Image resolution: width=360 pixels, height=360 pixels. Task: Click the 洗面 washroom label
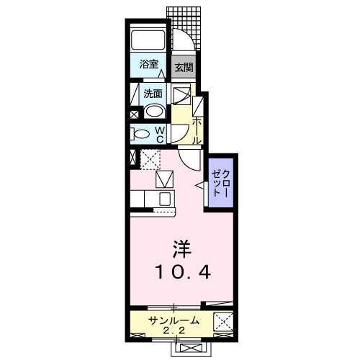click(x=153, y=93)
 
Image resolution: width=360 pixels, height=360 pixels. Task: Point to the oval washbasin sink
click(x=153, y=111)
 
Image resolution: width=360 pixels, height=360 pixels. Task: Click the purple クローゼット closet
click(x=221, y=184)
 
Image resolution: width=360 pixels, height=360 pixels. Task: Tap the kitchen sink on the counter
click(x=164, y=199)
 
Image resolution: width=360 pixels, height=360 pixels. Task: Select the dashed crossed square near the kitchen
click(x=150, y=158)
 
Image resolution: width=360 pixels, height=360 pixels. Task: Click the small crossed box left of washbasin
click(x=135, y=114)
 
